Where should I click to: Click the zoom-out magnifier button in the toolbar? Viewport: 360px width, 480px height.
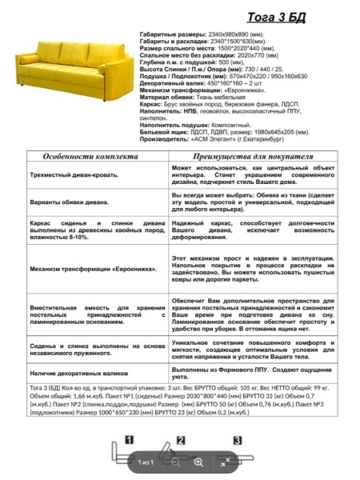pos(176,462)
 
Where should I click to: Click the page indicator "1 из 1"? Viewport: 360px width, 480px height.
pos(145,462)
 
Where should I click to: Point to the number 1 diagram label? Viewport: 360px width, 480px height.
pos(129,440)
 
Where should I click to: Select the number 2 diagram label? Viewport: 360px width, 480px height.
pos(181,440)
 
